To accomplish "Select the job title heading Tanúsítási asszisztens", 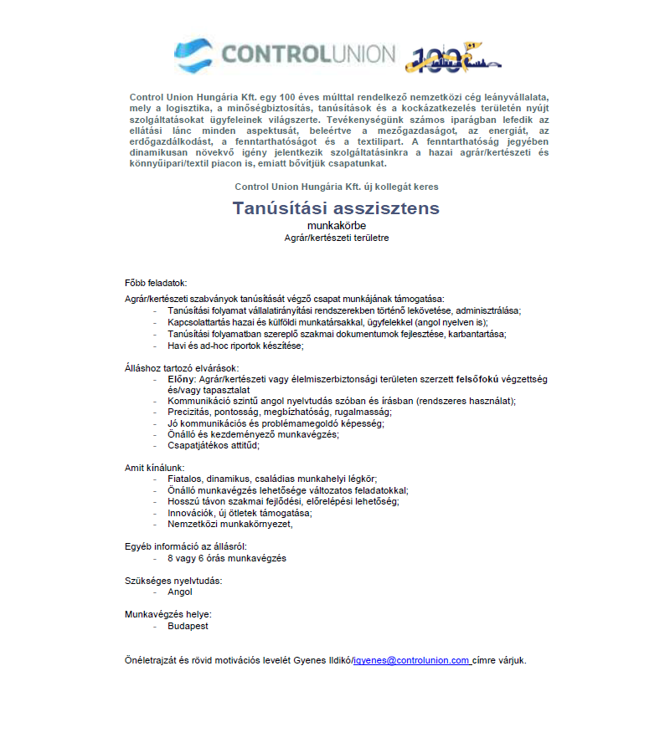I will (x=336, y=208).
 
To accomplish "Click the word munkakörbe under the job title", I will (x=336, y=225).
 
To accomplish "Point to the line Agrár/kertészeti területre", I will (x=336, y=238).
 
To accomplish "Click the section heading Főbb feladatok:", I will (x=156, y=283).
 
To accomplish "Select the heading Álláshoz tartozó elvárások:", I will (x=182, y=368).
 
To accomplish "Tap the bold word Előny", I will (x=180, y=379).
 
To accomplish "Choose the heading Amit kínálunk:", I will (x=154, y=467).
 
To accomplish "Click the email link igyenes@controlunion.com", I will (x=411, y=660).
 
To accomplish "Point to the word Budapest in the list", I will (x=188, y=625).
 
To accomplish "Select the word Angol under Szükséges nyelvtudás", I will (x=180, y=592).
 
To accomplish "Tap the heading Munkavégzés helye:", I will (x=162, y=614).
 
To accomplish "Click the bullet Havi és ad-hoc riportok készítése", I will (x=235, y=346).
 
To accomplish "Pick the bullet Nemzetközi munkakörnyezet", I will (x=229, y=525).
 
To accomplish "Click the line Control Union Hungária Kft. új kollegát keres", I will (x=337, y=187).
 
